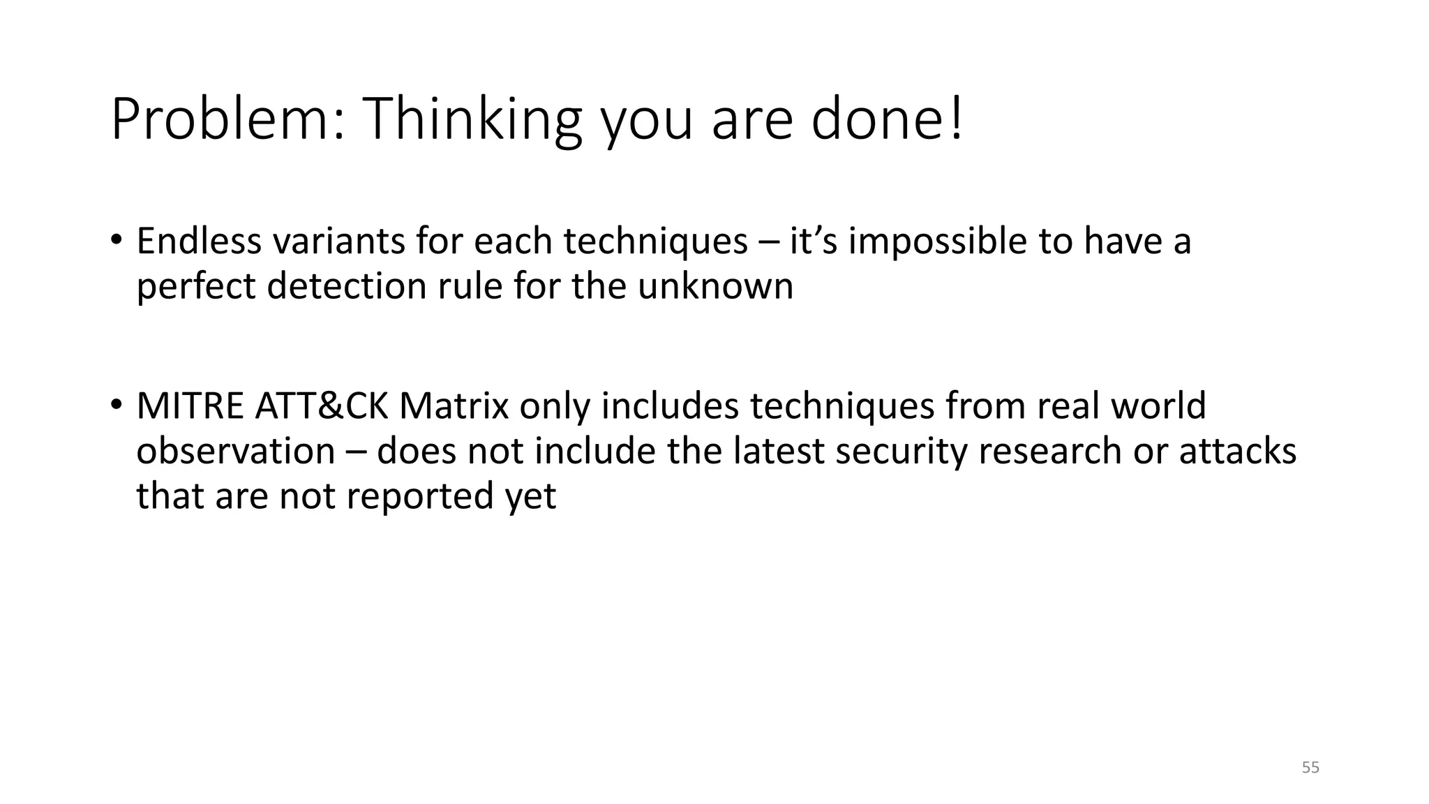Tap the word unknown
(715, 286)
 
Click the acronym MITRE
(190, 405)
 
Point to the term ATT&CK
(322, 405)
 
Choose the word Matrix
(454, 405)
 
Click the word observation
(235, 451)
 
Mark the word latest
(779, 451)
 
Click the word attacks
(1238, 451)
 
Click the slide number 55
(1310, 768)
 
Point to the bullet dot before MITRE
(116, 404)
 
